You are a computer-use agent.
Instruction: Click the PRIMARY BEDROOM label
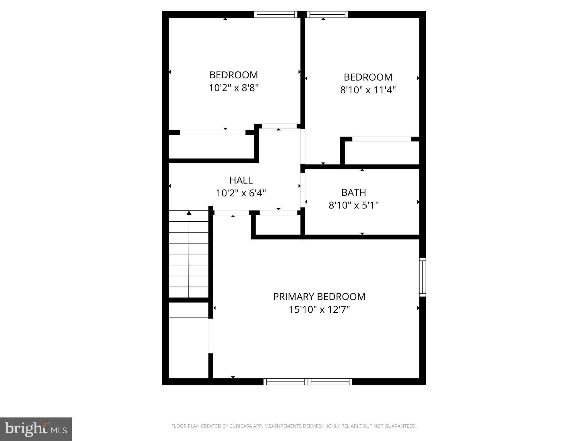pos(319,297)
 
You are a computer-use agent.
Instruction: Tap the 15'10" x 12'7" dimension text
pos(319,310)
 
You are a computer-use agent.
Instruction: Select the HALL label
pos(241,180)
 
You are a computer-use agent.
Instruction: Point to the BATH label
pos(353,192)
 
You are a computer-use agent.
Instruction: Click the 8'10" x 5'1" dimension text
pos(353,205)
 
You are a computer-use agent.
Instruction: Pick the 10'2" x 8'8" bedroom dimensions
pos(233,88)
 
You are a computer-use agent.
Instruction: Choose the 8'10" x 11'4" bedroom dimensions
pos(368,90)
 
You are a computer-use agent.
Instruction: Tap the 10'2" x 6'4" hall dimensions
pos(241,193)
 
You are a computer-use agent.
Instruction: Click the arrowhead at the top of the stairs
pos(189,213)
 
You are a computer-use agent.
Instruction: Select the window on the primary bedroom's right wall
pos(422,277)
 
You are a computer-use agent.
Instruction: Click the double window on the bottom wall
pos(307,382)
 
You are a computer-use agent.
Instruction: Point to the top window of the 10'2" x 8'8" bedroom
pos(276,14)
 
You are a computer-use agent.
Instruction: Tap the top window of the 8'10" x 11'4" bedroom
pos(327,14)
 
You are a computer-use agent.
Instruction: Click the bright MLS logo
pos(36,429)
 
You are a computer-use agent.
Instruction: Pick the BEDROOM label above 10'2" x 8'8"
pos(233,75)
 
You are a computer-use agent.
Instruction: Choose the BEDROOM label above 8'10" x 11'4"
pos(368,77)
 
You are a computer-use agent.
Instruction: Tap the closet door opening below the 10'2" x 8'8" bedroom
pos(212,132)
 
